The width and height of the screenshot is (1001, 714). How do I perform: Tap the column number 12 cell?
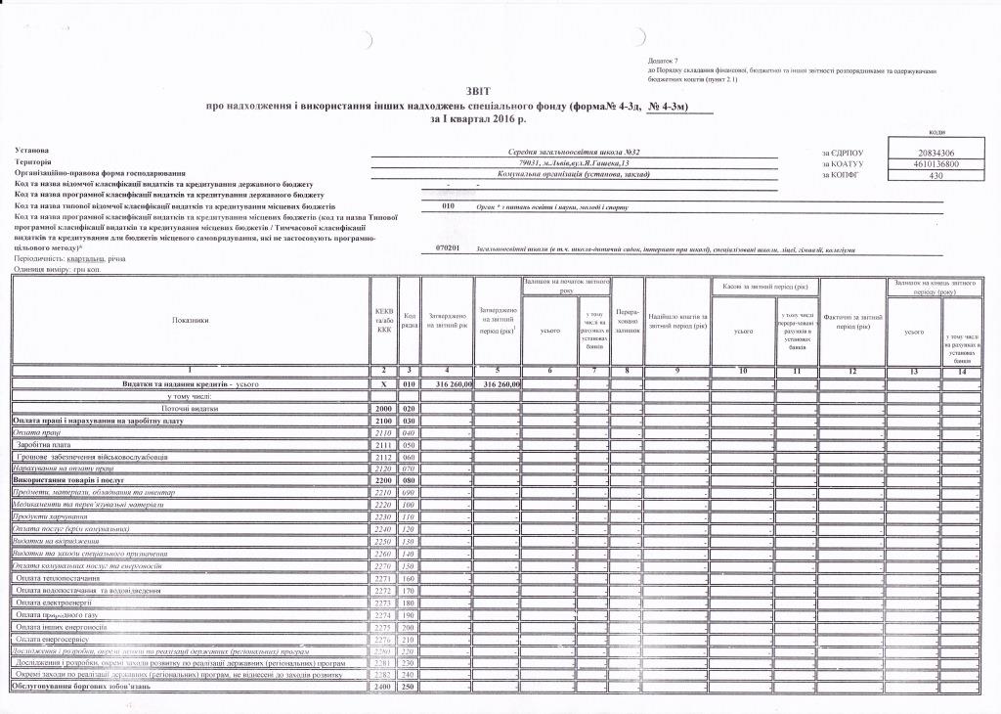[853, 371]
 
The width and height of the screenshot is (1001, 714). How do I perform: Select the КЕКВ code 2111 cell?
[384, 444]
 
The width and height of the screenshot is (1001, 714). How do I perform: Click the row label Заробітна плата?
[48, 444]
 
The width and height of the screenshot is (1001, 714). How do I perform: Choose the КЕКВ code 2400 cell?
[384, 687]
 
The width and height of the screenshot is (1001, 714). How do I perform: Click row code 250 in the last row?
[410, 687]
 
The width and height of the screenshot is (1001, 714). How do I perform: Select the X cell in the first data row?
[384, 385]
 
